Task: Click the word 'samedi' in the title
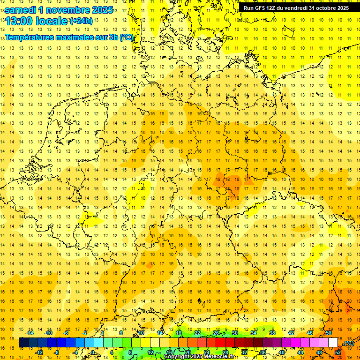(x=20, y=9)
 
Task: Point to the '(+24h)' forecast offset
(x=81, y=21)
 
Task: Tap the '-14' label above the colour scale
(x=30, y=333)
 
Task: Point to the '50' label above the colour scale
(x=329, y=333)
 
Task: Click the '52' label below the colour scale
(x=337, y=352)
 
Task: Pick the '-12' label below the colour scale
(x=39, y=352)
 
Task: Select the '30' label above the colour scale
(x=235, y=333)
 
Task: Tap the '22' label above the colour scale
(x=197, y=333)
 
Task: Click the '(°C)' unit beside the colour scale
(x=349, y=343)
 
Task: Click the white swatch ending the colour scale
(x=333, y=343)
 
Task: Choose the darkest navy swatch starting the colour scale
(x=23, y=343)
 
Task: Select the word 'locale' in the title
(x=53, y=21)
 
